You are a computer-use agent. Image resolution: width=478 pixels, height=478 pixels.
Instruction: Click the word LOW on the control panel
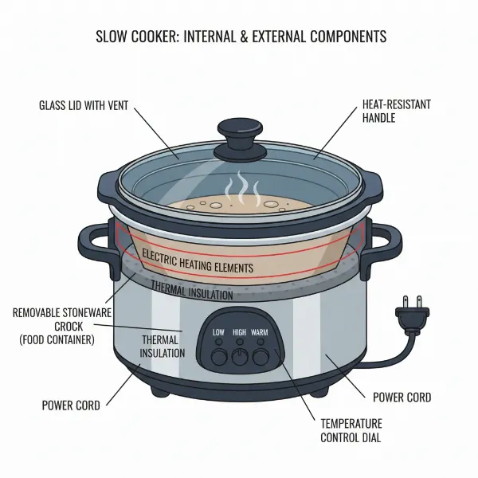coord(218,331)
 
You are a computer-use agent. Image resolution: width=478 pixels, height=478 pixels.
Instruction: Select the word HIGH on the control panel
coord(240,331)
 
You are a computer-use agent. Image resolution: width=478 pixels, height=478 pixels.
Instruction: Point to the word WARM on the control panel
coord(261,331)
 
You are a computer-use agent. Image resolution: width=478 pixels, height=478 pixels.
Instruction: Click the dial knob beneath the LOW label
coord(219,355)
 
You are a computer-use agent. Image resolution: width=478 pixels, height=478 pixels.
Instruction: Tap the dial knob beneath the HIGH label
coord(240,356)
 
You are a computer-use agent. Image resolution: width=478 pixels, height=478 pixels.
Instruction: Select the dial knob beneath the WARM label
coord(261,355)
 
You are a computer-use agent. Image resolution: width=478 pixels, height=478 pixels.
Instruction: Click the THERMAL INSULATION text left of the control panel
coord(163,346)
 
